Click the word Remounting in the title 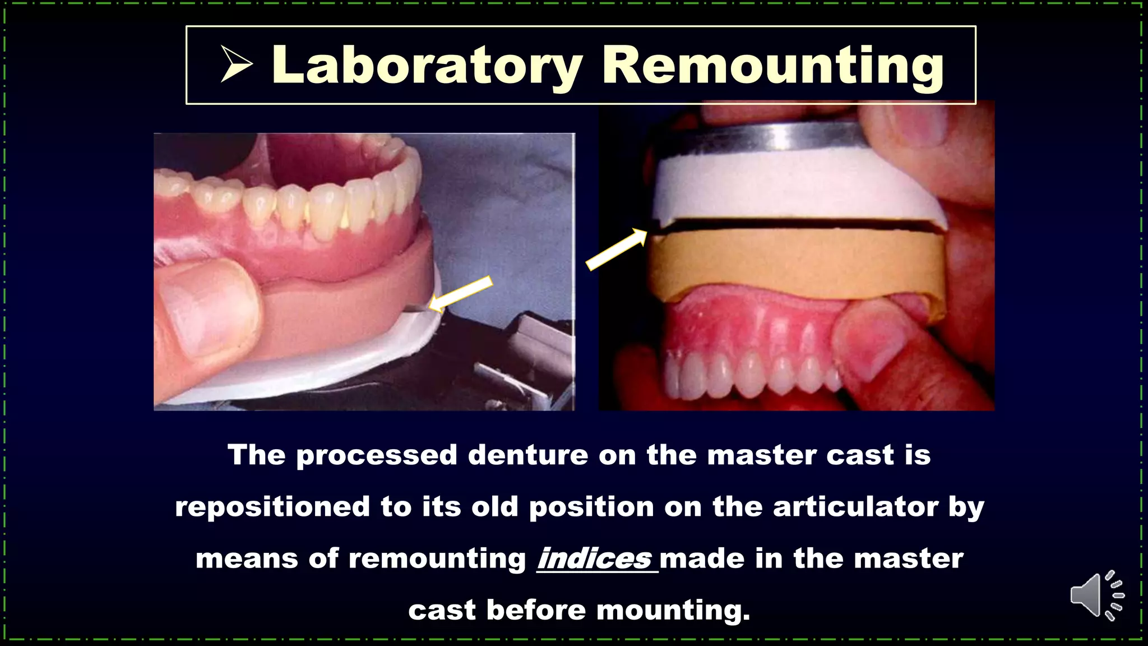[x=773, y=66]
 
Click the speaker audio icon [x=1096, y=596]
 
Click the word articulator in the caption [x=855, y=507]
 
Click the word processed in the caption [x=377, y=455]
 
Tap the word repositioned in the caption [x=272, y=507]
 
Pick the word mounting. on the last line [x=673, y=610]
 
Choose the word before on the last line [x=535, y=610]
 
